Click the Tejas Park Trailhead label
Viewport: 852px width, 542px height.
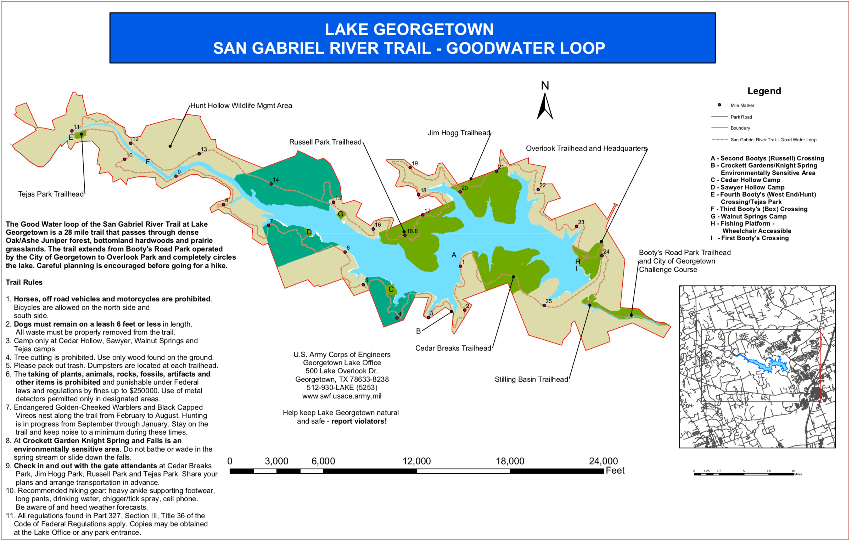point(51,194)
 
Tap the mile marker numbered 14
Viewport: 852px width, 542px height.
point(271,184)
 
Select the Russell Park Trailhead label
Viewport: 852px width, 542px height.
point(325,142)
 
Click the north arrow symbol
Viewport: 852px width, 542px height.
point(545,106)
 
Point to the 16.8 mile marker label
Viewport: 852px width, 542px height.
point(412,231)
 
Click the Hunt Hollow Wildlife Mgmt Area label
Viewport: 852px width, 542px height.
point(241,106)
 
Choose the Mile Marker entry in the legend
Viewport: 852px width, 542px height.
point(742,105)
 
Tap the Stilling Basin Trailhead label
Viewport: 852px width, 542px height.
point(531,379)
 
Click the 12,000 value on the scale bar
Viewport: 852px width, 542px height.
point(417,461)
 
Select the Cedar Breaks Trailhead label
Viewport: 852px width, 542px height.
point(453,348)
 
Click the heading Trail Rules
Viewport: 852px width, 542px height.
point(24,282)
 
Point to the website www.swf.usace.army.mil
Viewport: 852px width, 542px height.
point(342,396)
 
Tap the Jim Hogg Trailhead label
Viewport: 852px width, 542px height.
point(459,133)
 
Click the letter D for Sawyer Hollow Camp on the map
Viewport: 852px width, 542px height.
point(309,232)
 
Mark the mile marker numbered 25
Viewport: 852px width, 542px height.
point(544,305)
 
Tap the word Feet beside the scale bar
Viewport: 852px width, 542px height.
point(615,470)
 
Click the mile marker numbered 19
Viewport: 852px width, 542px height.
point(410,168)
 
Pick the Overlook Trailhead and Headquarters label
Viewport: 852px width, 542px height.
point(586,148)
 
